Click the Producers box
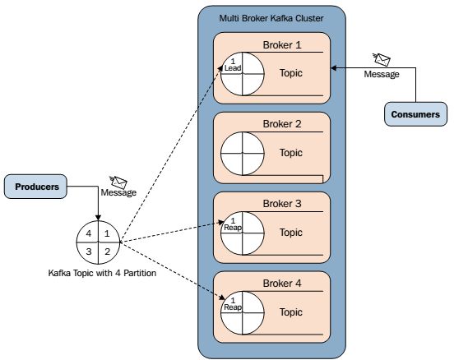35,187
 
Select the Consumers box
415,114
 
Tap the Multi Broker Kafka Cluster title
271,18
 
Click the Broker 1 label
282,45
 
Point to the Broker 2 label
282,124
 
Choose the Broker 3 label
282,204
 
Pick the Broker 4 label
282,284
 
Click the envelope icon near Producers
118,182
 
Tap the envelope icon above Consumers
382,59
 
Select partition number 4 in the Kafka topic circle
89,233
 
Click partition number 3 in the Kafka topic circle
89,252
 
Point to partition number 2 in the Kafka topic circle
108,252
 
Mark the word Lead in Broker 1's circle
233,68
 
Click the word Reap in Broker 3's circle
233,228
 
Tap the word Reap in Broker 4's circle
233,307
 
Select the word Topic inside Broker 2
291,153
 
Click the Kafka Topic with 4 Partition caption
102,273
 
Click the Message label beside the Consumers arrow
382,74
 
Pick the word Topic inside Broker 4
291,312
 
